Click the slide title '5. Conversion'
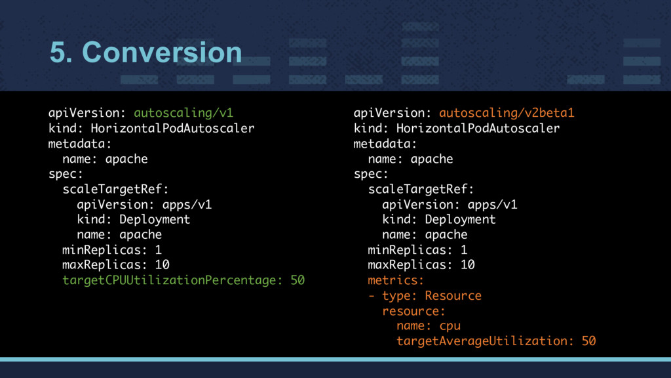pyautogui.click(x=145, y=52)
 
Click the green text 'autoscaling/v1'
pyautogui.click(x=183, y=113)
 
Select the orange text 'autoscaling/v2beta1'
pyautogui.click(x=507, y=113)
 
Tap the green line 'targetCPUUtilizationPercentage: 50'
pyautogui.click(x=183, y=280)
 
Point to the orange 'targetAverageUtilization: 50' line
pyautogui.click(x=496, y=341)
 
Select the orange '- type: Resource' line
pyautogui.click(x=425, y=295)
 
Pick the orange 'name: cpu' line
pyautogui.click(x=429, y=326)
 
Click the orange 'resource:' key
pyautogui.click(x=413, y=310)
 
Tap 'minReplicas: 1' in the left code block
pyautogui.click(x=112, y=250)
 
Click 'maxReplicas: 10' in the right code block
pyautogui.click(x=421, y=265)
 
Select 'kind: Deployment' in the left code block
pyautogui.click(x=134, y=219)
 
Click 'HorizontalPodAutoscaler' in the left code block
pyautogui.click(x=172, y=128)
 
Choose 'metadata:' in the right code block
pyautogui.click(x=385, y=143)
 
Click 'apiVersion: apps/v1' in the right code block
pyautogui.click(x=450, y=204)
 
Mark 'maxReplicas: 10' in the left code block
pyautogui.click(x=116, y=265)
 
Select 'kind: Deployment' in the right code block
pyautogui.click(x=439, y=219)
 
